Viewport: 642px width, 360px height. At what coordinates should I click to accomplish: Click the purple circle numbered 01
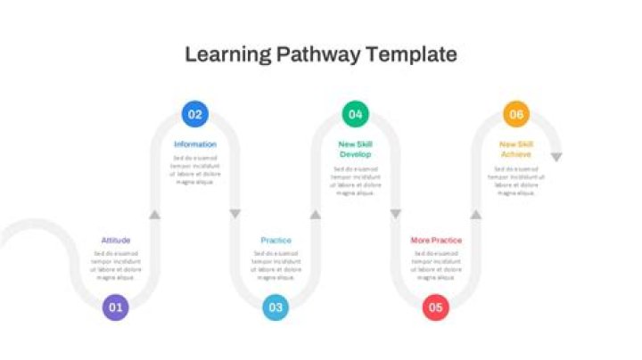coord(115,307)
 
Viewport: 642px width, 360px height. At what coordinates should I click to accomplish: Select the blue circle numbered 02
coord(195,114)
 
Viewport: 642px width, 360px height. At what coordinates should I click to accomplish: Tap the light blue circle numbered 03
coord(276,307)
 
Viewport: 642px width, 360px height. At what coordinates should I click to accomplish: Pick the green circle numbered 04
coord(356,114)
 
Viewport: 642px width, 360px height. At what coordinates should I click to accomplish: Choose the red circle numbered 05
coord(435,307)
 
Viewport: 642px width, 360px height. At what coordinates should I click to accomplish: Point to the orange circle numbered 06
coord(515,114)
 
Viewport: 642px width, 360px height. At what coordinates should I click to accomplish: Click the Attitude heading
coord(116,241)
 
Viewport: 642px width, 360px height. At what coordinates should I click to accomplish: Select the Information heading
coord(195,144)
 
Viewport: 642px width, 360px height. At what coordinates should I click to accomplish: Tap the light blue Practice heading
coord(276,241)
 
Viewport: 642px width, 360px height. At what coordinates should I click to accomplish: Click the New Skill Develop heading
coord(355,149)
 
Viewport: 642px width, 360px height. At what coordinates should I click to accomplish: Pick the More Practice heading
coord(436,241)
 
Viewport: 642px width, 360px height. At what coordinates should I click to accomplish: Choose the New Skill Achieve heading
coord(515,149)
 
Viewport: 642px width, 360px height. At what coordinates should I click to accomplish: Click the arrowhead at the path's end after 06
coord(556,157)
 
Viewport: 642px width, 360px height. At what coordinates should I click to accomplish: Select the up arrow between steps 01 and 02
coord(155,214)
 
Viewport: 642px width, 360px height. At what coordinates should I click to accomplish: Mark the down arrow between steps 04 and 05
coord(396,214)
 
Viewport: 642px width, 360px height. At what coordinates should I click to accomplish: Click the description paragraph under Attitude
coord(116,266)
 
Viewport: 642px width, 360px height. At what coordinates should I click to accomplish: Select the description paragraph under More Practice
coord(436,266)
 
